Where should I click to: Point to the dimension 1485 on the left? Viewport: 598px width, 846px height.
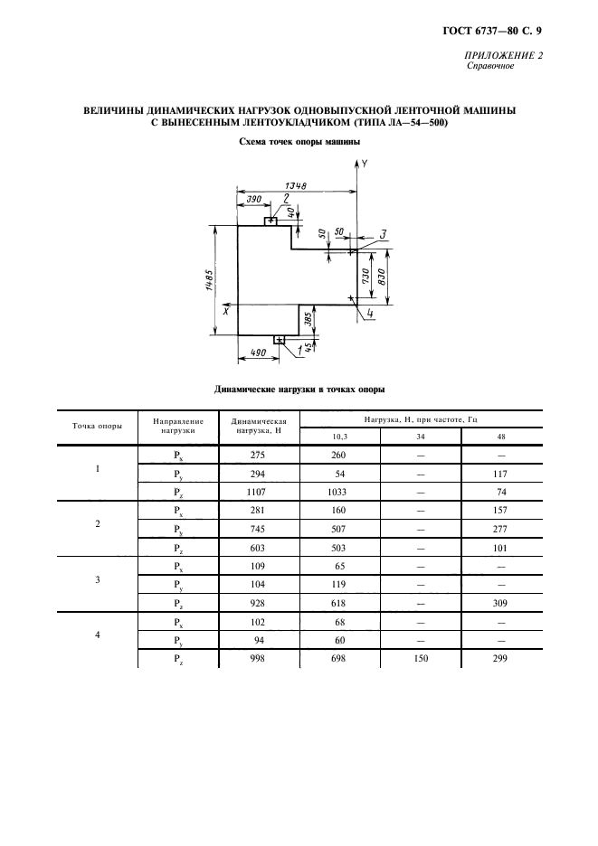click(210, 282)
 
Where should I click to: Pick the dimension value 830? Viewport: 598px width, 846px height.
click(383, 274)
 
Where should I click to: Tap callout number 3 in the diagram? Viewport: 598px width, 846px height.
click(383, 234)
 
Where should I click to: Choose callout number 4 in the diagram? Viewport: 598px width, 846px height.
click(371, 314)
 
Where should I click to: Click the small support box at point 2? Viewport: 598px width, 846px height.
click(271, 221)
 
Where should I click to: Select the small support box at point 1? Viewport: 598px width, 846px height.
click(280, 340)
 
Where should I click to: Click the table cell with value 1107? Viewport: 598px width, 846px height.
click(259, 492)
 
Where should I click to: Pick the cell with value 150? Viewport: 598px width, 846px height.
click(420, 658)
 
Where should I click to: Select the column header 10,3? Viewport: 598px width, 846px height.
click(339, 436)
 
